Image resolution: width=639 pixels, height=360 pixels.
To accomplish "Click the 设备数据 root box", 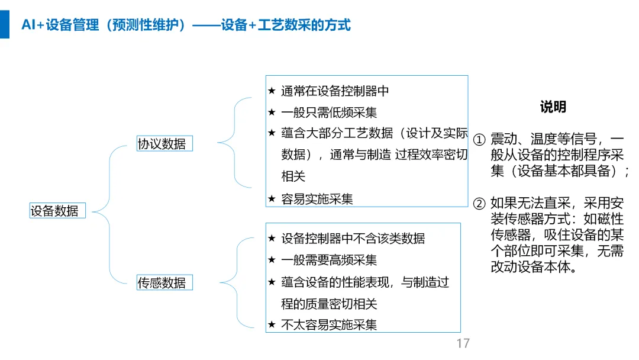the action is [57, 210].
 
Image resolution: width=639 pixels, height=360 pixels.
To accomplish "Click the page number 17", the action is [463, 343].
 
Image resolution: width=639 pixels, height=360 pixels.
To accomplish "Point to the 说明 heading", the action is [553, 107].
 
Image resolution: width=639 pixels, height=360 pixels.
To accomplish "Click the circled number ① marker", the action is [479, 140].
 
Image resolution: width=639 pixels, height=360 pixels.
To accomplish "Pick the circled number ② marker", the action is [479, 204].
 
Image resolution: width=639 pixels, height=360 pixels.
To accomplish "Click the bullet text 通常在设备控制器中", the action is [335, 91].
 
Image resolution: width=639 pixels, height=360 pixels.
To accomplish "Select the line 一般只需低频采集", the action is [329, 112].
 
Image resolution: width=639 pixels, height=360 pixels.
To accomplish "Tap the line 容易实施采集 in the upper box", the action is [317, 199].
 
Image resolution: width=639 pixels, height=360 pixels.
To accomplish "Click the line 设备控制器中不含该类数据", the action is [353, 239].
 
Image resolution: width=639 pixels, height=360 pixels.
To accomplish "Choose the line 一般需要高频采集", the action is [329, 260].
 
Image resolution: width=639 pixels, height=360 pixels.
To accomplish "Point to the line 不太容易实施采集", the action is [329, 324].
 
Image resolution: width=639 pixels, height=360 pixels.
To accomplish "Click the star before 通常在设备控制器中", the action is [272, 91].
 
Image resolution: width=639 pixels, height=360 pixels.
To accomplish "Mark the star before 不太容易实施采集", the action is [272, 324].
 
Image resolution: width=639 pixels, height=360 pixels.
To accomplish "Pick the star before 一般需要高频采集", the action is [272, 260].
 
